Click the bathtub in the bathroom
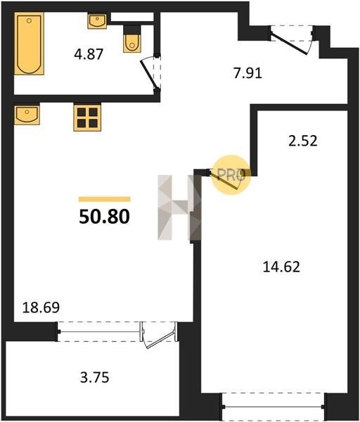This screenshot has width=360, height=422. coord(29,44)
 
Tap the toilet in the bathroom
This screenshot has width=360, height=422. coord(132,39)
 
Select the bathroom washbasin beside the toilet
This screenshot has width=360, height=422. coord(97,21)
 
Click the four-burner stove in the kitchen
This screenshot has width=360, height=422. coord(87,117)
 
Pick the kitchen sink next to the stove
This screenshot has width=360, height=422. coord(27,115)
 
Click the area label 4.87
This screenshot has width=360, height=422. coord(89,54)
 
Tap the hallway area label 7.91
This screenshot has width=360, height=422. coord(247,73)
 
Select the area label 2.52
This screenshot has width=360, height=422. coord(303,141)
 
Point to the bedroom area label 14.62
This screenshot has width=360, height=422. coord(281,267)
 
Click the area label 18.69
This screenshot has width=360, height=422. coord(41,307)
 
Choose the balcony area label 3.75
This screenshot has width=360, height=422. coord(95,377)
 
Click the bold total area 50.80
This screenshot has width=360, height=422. coord(104,217)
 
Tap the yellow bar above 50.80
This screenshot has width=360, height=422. coord(104,199)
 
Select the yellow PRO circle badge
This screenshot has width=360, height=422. coord(231,175)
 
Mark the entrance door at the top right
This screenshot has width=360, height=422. coord(291,40)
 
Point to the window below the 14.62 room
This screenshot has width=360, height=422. coord(274,407)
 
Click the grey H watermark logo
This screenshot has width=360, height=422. coord(179,207)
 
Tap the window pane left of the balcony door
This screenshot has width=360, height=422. coord(98,331)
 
